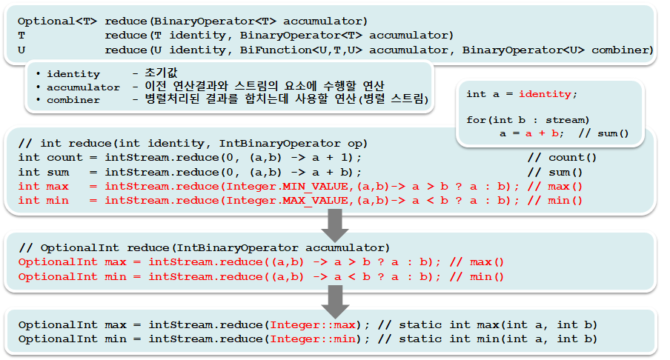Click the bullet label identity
(x=73, y=74)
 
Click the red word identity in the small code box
(x=545, y=94)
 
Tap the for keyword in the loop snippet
(x=475, y=119)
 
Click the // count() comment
(x=562, y=158)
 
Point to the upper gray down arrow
(x=336, y=224)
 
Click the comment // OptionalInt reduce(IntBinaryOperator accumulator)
(x=205, y=247)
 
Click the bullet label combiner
(x=73, y=99)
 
